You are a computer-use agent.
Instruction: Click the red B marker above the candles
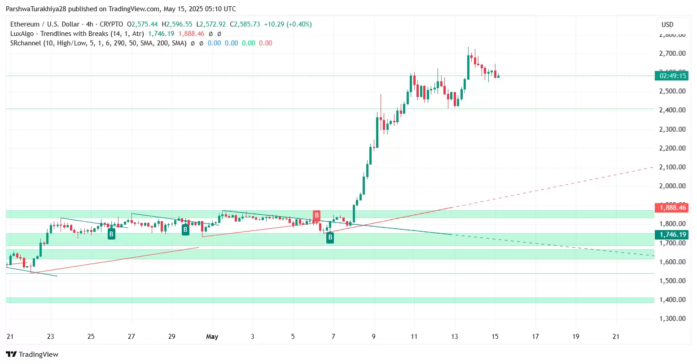click(x=316, y=215)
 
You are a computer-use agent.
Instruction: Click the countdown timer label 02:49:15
click(x=671, y=76)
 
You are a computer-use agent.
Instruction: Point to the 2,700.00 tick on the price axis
click(x=672, y=53)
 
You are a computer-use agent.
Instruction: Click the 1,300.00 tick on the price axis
click(x=672, y=319)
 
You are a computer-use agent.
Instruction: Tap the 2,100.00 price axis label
click(x=672, y=167)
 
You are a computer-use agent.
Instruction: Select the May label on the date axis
click(x=212, y=337)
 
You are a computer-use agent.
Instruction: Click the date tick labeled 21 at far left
click(x=10, y=337)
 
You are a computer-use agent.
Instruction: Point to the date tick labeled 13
click(x=455, y=337)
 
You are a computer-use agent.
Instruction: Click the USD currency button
click(x=667, y=25)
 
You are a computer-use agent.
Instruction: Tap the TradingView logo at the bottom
click(x=32, y=355)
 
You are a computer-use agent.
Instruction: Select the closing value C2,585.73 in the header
click(x=245, y=24)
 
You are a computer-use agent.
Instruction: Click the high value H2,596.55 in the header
click(x=177, y=24)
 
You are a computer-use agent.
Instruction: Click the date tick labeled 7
click(x=333, y=337)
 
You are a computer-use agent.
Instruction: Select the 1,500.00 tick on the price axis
click(x=672, y=281)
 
